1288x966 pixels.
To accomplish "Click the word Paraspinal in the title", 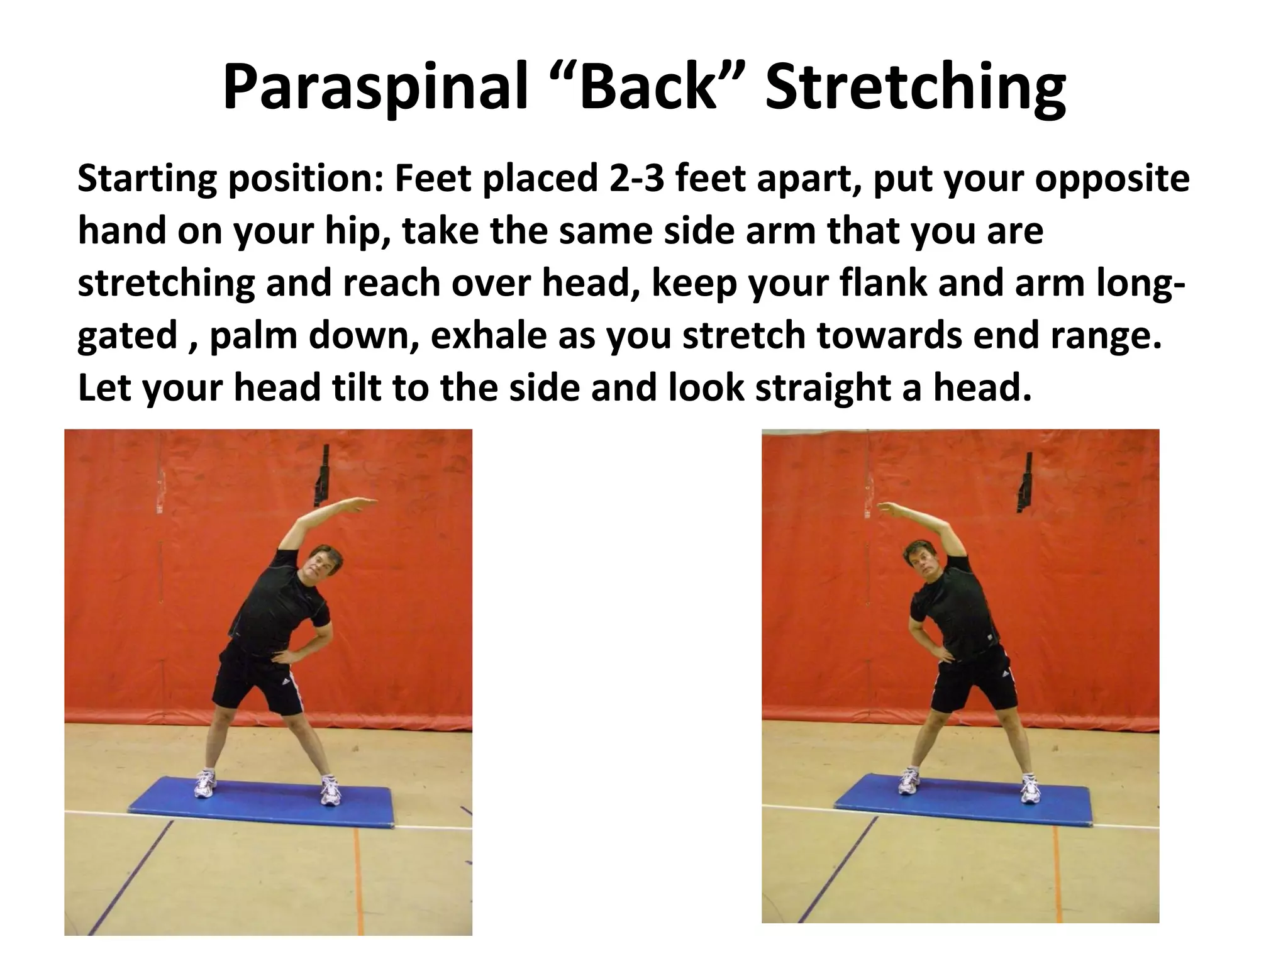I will [374, 88].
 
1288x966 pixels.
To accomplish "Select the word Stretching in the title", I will [914, 88].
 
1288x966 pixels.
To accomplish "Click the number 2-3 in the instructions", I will [635, 179].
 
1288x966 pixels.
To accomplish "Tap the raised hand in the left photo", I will [358, 503].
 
